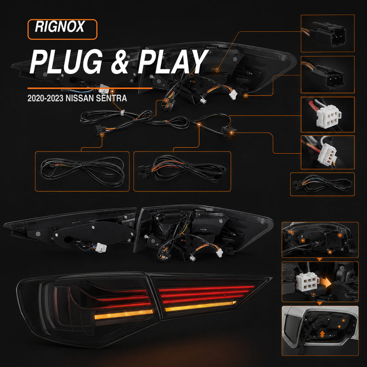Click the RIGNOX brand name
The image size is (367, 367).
click(x=60, y=27)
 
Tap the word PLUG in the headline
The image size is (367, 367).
click(x=66, y=61)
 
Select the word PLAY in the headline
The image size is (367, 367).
click(x=173, y=61)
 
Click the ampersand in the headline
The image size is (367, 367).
click(x=120, y=62)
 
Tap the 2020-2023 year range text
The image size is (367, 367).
click(x=45, y=98)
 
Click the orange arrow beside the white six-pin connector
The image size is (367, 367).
click(x=326, y=282)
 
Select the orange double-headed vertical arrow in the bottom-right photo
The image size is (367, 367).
click(x=323, y=334)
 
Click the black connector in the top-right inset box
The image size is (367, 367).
click(x=329, y=33)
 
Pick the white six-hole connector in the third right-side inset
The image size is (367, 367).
click(x=328, y=116)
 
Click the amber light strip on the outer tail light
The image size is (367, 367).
click(x=124, y=314)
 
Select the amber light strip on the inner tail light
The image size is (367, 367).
click(x=200, y=306)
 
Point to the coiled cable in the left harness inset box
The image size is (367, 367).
click(x=82, y=171)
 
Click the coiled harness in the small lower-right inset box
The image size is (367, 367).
click(x=323, y=184)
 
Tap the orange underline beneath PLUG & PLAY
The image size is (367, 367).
click(x=90, y=88)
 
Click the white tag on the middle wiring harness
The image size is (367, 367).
click(x=122, y=113)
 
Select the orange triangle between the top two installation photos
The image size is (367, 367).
click(x=319, y=259)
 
